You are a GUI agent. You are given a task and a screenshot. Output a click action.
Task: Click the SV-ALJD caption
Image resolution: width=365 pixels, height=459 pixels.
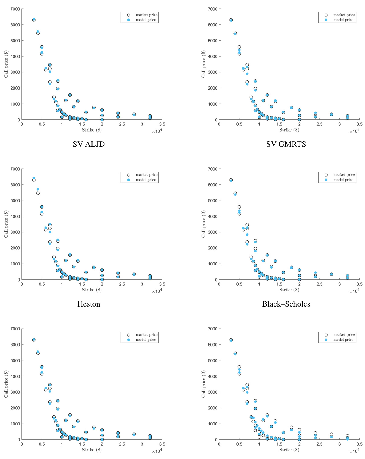pos(88,144)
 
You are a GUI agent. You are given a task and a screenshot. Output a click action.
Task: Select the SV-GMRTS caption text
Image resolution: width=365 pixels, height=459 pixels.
pos(286,144)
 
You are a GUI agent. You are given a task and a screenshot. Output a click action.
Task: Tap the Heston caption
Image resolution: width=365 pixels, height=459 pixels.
pos(88,304)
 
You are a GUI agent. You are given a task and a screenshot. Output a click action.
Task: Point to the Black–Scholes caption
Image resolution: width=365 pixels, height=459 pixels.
pos(286,304)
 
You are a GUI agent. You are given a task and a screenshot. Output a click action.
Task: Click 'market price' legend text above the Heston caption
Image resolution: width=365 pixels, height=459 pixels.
pos(146,175)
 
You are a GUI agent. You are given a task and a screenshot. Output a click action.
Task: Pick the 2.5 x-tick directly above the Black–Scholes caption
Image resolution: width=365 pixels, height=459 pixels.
pos(319,284)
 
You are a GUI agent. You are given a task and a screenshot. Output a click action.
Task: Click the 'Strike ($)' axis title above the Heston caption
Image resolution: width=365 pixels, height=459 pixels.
pos(92,290)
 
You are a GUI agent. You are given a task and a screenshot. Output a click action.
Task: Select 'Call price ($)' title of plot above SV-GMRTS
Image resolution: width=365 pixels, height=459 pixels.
pos(203,64)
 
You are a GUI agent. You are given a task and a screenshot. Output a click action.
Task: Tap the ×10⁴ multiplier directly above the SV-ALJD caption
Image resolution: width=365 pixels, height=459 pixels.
pos(157,131)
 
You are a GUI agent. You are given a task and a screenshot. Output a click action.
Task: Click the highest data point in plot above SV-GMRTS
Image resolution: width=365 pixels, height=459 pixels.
pos(231,20)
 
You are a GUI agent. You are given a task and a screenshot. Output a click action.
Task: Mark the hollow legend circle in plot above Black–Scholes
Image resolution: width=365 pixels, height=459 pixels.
pos(326,175)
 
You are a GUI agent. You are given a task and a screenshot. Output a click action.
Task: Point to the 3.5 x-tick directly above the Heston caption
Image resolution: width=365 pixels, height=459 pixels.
pos(162,284)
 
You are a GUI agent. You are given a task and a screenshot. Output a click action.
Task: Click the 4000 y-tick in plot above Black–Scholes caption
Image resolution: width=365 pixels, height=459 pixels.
pos(213,216)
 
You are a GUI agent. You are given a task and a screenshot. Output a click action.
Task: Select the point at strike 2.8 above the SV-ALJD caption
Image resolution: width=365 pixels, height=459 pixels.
pos(134,114)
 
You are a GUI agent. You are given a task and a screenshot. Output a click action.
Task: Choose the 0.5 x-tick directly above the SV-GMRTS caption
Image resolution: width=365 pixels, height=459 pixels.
pos(239,124)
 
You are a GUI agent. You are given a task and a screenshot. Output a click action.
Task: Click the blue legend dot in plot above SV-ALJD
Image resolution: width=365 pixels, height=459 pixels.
pos(129,20)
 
